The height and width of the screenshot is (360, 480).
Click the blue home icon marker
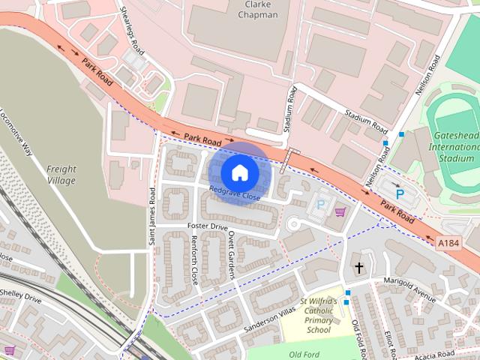pos(239,172)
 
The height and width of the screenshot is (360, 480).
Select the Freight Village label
pos(61,175)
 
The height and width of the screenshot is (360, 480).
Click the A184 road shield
pos(448,242)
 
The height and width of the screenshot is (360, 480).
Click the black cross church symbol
pos(358,267)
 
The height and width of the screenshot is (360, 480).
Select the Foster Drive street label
pos(207,226)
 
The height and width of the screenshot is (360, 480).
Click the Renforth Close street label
pos(194,259)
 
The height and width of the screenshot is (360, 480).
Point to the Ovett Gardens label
pos(231,254)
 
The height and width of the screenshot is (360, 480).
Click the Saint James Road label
pos(152,215)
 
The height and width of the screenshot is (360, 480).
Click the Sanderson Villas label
pos(266,323)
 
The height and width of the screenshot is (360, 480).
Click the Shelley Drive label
pos(20,297)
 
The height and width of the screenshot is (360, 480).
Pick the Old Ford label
pos(305,354)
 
